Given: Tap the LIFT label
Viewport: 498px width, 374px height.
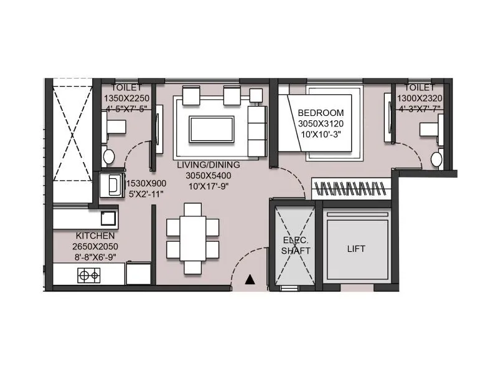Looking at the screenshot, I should click(356, 249).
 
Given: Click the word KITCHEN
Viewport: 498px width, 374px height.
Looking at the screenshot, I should click(95, 236).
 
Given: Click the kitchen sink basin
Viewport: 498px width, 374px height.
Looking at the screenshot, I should click(107, 218).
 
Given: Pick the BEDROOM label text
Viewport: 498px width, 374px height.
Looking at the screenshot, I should click(321, 113).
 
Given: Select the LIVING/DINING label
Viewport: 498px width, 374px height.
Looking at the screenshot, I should click(204, 165).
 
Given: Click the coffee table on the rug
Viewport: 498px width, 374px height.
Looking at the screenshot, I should click(212, 128).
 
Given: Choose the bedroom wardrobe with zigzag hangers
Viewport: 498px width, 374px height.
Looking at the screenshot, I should click(351, 188).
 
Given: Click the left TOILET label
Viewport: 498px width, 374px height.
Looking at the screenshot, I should click(126, 88).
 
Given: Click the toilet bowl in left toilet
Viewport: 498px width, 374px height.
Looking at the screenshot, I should click(109, 156).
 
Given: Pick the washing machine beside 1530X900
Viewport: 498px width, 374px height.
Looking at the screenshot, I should click(112, 185).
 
